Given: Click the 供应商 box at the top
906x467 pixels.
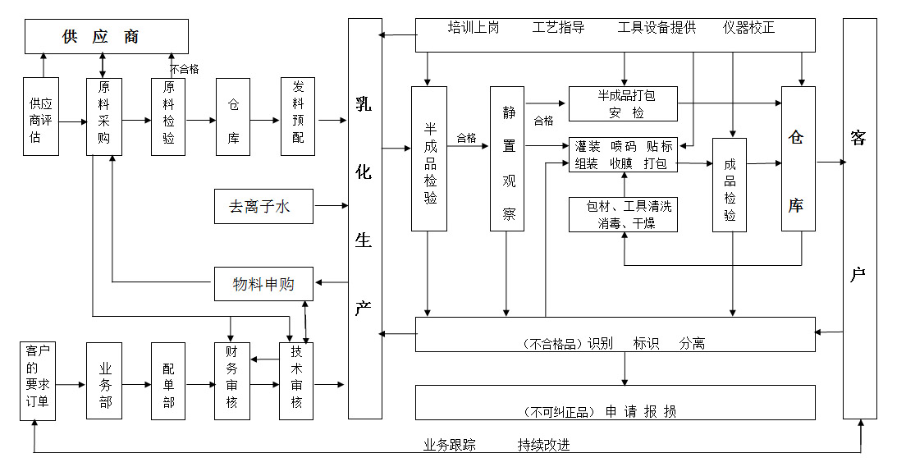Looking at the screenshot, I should click(x=106, y=37).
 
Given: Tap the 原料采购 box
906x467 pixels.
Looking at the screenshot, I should click(x=104, y=117).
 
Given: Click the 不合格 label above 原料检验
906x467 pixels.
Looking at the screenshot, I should click(x=185, y=70).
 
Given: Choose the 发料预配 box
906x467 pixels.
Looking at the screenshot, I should click(x=298, y=117).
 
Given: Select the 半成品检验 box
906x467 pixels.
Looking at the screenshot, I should click(x=429, y=158).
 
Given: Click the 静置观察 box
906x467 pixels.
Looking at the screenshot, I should click(x=507, y=158).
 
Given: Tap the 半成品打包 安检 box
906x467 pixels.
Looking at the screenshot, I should click(x=624, y=103).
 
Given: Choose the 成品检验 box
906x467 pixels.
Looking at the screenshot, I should click(x=730, y=185).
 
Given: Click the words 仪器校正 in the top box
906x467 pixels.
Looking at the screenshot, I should click(x=748, y=28).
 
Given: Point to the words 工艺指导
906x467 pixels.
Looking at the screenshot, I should click(x=558, y=28).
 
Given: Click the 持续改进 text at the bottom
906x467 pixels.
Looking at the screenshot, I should click(x=543, y=446).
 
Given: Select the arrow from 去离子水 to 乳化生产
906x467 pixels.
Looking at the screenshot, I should click(x=332, y=205).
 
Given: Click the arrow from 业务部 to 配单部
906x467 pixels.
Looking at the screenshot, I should click(x=136, y=384).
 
